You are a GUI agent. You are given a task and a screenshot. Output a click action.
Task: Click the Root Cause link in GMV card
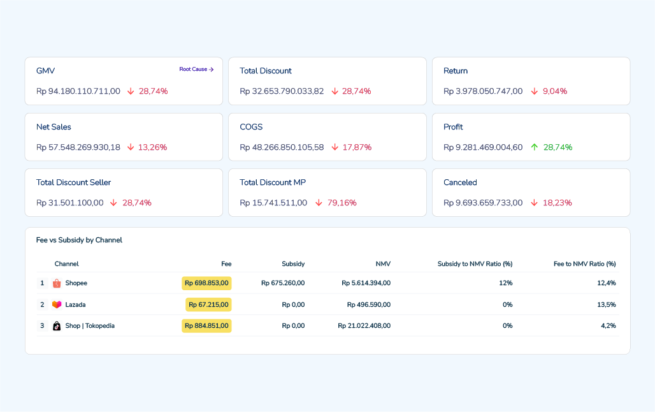coord(196,69)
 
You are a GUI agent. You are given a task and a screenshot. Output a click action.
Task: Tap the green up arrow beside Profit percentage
coord(535,147)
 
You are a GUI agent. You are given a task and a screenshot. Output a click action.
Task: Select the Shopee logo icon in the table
coord(57,283)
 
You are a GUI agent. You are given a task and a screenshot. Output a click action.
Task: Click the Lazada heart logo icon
coord(57,304)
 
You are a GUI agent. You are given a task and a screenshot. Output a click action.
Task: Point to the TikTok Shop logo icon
coord(57,326)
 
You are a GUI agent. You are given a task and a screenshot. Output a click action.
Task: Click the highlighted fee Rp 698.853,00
coord(207,283)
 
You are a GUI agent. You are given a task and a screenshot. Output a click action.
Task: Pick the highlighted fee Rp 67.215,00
coord(208,304)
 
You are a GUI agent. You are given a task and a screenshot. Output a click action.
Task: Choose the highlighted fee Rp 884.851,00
coord(207,326)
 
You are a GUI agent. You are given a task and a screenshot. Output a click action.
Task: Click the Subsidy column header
coord(293,264)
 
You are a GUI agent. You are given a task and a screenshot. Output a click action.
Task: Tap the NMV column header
coord(383,264)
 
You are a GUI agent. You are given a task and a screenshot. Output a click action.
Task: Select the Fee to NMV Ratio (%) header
coord(585,264)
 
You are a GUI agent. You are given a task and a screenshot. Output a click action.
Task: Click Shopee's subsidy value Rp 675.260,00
coord(283,283)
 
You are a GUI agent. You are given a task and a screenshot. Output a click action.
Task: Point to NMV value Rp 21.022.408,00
coord(364,326)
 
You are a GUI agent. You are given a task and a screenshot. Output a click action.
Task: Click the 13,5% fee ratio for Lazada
coord(607,304)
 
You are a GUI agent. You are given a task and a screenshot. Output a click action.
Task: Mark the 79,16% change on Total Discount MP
coord(342,203)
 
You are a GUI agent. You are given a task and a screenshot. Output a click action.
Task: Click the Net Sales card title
coord(54,127)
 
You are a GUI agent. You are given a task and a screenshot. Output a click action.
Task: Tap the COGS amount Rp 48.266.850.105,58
coord(282,147)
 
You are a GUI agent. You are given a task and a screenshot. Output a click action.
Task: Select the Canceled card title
coord(460,182)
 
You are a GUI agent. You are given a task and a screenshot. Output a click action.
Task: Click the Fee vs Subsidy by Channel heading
coord(80,240)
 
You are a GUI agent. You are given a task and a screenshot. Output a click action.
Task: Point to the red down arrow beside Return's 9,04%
coord(535,91)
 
